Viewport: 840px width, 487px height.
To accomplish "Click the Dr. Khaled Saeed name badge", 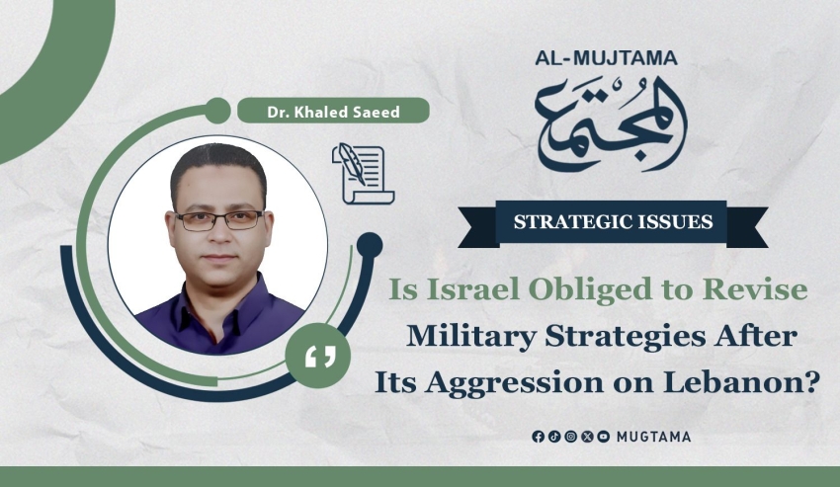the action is tap(333, 111).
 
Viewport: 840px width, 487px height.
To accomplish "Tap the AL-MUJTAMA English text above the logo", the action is tap(606, 58).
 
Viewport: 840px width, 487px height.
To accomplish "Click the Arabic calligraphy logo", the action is tap(610, 123).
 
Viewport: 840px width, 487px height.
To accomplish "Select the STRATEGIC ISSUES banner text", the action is tap(613, 222).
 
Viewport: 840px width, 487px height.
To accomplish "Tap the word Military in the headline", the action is tap(471, 337).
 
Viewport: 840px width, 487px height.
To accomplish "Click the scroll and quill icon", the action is tap(364, 174).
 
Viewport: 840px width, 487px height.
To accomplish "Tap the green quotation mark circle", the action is tap(318, 356).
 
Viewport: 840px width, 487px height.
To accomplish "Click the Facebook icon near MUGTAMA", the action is tap(538, 437).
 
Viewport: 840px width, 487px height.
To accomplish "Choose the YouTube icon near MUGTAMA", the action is tap(603, 437).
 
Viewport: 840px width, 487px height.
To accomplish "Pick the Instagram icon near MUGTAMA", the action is tap(570, 437).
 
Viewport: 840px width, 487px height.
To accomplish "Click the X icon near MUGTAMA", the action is tap(587, 437).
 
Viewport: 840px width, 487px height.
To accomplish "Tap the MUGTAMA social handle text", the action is tap(653, 437).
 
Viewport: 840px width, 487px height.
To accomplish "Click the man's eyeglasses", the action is tap(219, 220).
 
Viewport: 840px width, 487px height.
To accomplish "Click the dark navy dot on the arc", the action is tap(370, 245).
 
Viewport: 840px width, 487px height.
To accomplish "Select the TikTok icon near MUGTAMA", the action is tap(554, 437).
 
